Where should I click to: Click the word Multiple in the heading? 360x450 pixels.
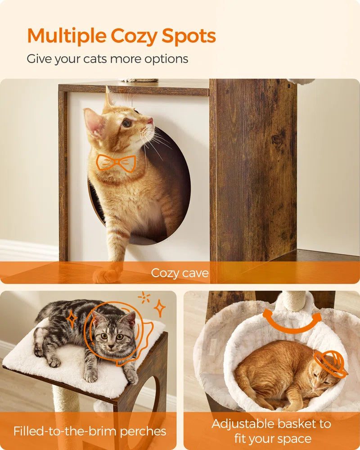[67, 36]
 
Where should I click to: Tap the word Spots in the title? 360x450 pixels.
[189, 36]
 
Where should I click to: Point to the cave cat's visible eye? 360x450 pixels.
[126, 123]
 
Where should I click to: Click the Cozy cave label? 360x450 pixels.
[180, 273]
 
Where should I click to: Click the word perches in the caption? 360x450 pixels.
[143, 431]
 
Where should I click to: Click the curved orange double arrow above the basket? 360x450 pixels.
[292, 324]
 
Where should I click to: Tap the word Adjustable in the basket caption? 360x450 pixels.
[243, 424]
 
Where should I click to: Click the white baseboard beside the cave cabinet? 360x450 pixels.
[29, 250]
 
